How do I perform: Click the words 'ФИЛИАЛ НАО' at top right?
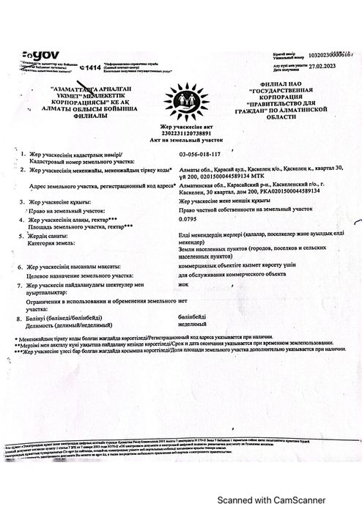point(290,84)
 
